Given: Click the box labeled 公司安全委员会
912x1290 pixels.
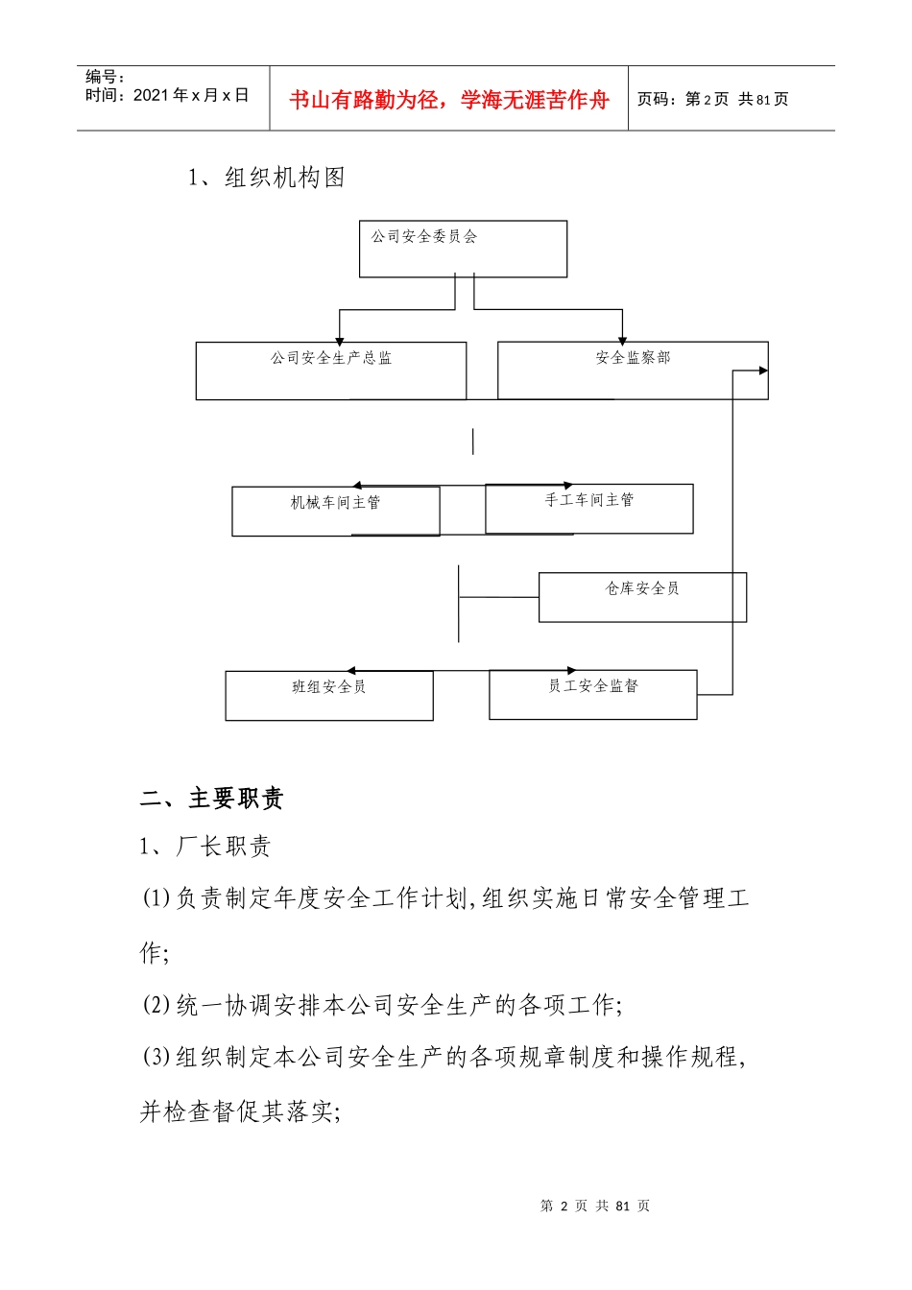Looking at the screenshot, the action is pos(463,249).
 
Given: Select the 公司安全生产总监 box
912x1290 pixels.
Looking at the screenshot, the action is pos(331,370).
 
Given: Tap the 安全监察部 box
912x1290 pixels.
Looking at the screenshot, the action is pos(633,370).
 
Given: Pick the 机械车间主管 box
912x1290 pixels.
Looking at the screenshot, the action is pos(336,511).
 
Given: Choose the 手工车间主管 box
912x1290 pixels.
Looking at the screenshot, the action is pos(589,509).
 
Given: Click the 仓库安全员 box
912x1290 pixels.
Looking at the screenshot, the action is pos(642,597).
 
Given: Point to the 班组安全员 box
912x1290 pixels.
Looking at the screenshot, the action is pos(329,695).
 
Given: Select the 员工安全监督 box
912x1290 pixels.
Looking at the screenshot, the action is pos(593,694).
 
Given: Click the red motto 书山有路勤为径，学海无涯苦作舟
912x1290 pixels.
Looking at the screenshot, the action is pos(449,100).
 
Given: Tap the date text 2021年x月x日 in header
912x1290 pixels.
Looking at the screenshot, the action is pos(191,95).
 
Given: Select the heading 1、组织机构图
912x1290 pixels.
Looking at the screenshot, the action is pos(267,178).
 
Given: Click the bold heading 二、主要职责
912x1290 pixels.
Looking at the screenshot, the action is pos(212,798).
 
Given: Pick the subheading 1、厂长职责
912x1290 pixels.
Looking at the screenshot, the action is pos(205,846).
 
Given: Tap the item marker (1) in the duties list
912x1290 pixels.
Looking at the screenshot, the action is pos(156,898).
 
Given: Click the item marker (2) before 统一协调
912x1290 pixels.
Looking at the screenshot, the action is pos(156,1005).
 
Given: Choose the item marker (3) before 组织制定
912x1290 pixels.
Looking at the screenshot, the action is pos(156,1057).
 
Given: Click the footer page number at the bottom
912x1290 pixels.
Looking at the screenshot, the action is pos(595,1206).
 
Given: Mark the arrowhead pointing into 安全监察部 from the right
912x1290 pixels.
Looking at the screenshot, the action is pos(763,370).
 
